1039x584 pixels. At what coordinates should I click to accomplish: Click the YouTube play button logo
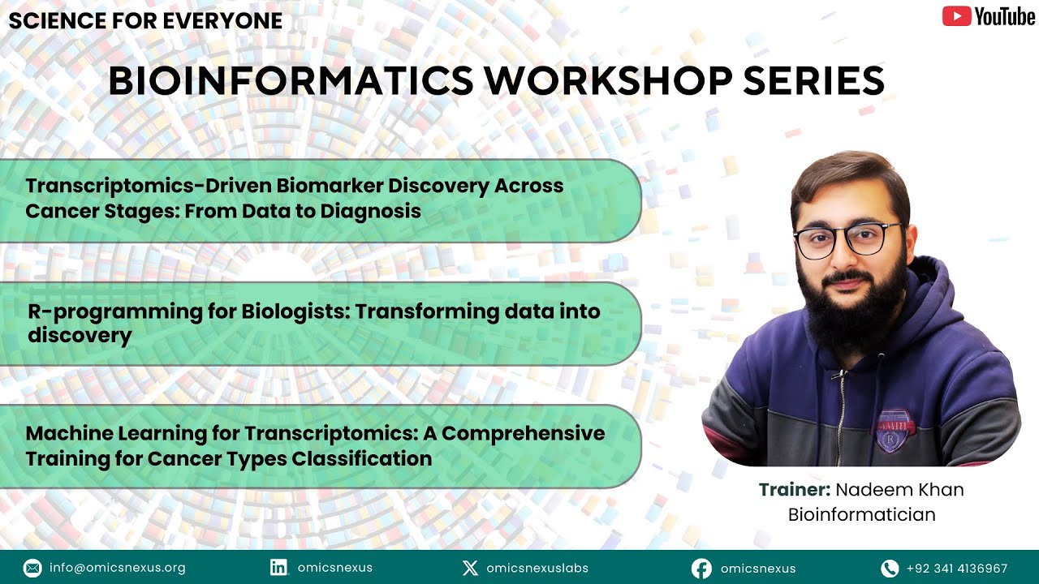[956, 16]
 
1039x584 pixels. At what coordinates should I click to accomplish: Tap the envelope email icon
[32, 568]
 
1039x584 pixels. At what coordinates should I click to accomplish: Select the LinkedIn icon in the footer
[278, 567]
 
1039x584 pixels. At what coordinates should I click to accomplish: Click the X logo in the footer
[470, 568]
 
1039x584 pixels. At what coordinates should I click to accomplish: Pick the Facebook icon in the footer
[701, 569]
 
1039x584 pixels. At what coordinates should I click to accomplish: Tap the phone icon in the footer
[890, 569]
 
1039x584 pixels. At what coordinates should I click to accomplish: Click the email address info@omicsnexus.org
[118, 568]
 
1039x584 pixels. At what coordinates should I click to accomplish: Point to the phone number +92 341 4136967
[957, 569]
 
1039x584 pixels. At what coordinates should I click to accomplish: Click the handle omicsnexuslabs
[537, 568]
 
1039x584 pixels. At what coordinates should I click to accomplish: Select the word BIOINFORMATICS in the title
[291, 80]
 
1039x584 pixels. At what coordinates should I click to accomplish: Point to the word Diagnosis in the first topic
[371, 212]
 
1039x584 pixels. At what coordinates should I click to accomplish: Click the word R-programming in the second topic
[115, 312]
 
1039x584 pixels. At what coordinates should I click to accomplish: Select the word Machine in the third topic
[69, 433]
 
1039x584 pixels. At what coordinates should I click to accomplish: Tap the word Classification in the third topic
[362, 459]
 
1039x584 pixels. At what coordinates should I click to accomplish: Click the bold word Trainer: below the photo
[795, 489]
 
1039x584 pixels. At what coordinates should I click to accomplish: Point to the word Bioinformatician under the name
[862, 514]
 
